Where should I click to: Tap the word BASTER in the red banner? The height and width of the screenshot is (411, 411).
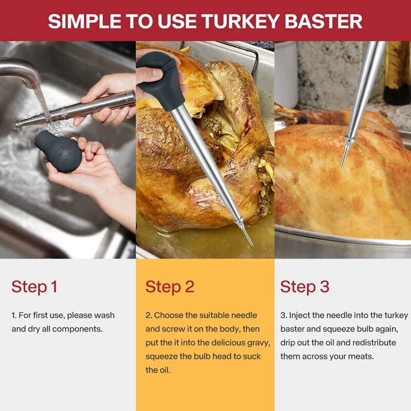click(324, 21)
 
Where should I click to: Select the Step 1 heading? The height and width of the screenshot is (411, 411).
click(34, 287)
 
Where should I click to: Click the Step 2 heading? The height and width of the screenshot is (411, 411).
click(170, 287)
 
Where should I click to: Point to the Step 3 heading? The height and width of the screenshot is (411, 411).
click(305, 287)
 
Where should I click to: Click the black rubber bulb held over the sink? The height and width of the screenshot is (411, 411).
click(58, 152)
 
